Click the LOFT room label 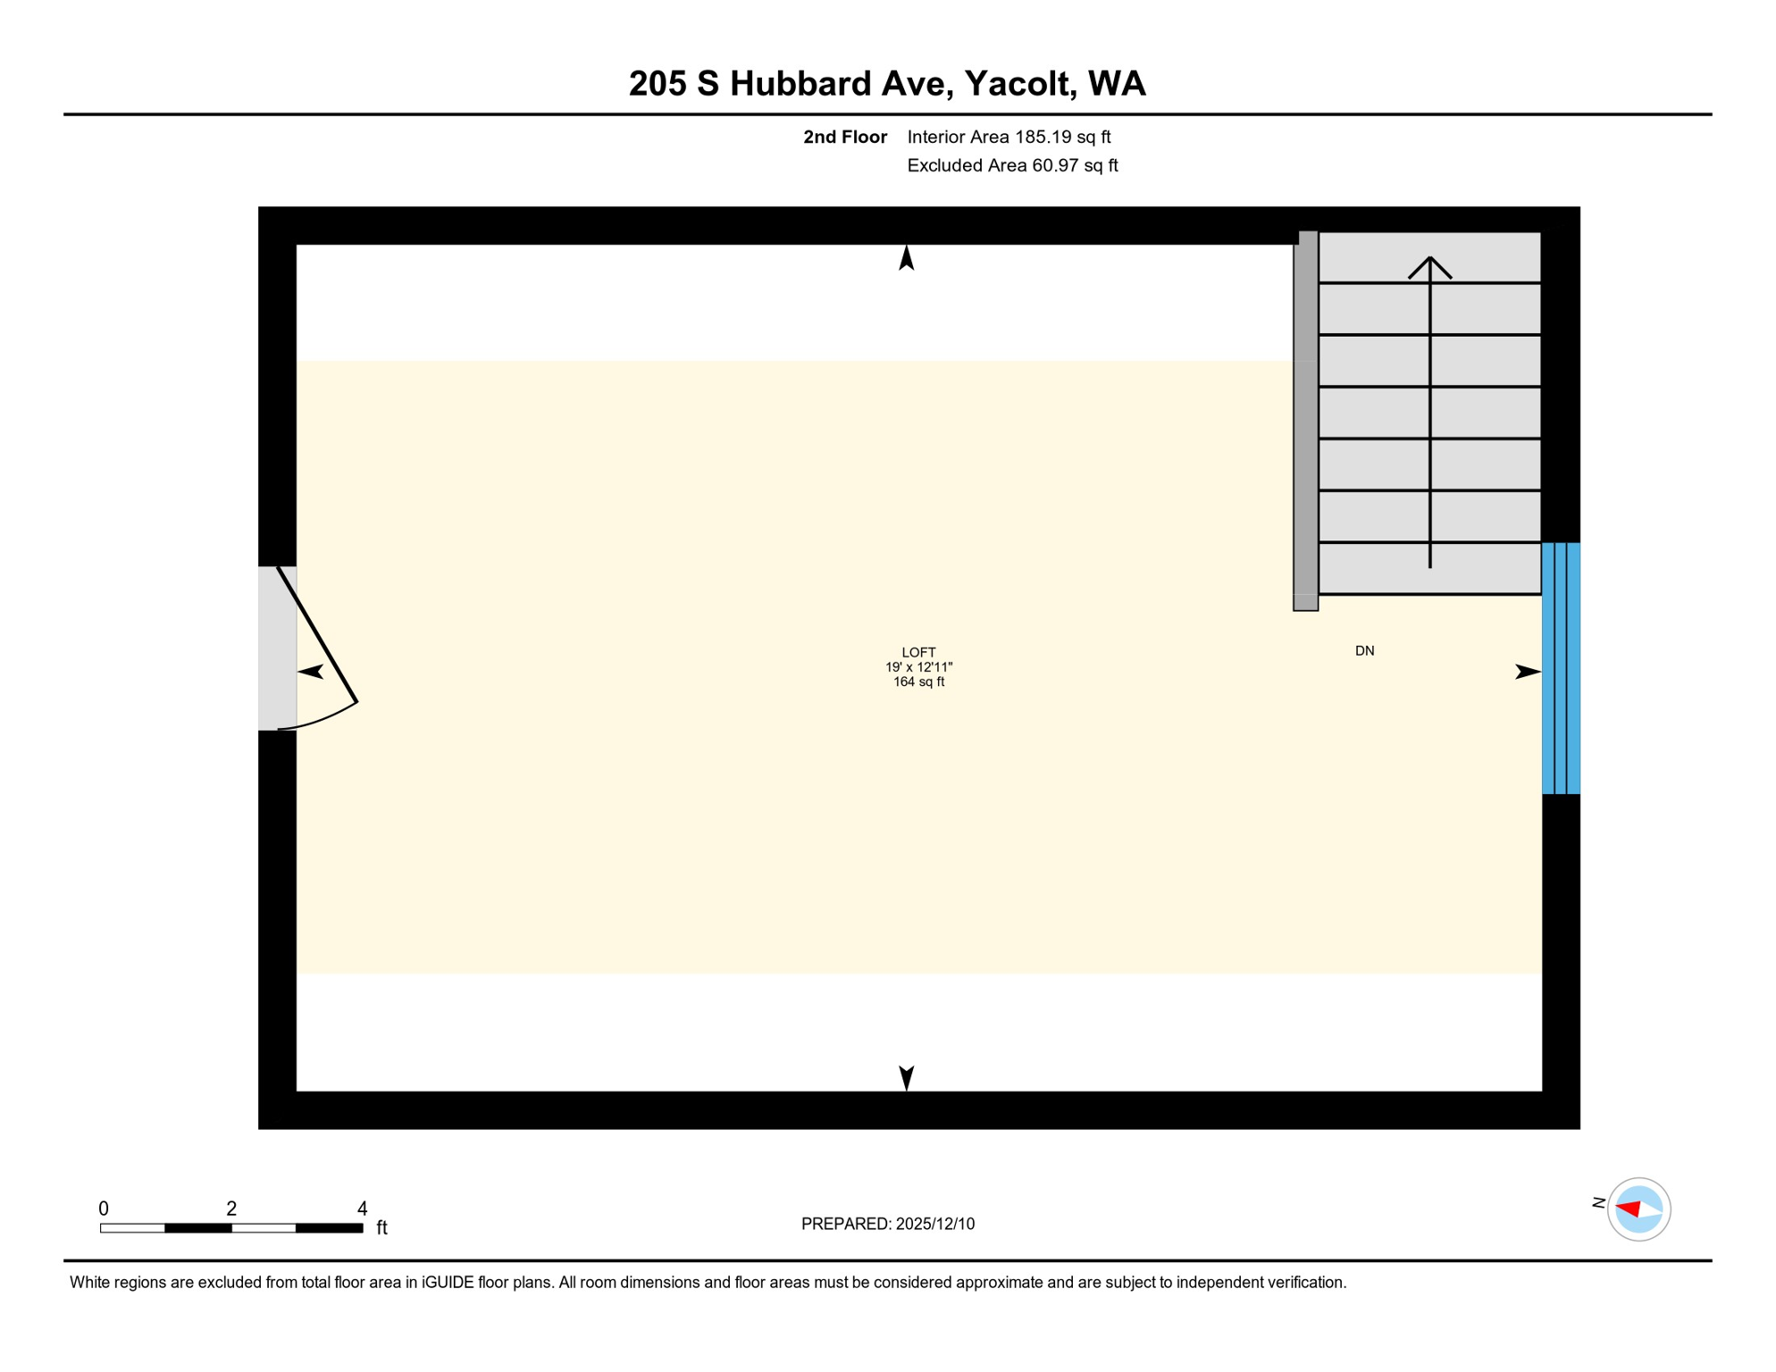[x=918, y=653]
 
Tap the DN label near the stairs [x=1364, y=651]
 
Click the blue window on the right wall [x=1561, y=668]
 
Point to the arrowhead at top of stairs [x=1429, y=265]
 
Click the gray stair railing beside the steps [x=1305, y=420]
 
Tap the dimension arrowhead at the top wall [x=906, y=258]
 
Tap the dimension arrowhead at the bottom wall [x=906, y=1077]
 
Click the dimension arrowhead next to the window [x=1527, y=672]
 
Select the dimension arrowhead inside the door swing [x=310, y=672]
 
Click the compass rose [x=1638, y=1209]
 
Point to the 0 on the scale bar [x=104, y=1209]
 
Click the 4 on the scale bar [x=362, y=1209]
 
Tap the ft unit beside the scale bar [x=381, y=1228]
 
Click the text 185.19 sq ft [x=1062, y=137]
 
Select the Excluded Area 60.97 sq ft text [x=1012, y=165]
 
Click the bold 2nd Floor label [x=844, y=137]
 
